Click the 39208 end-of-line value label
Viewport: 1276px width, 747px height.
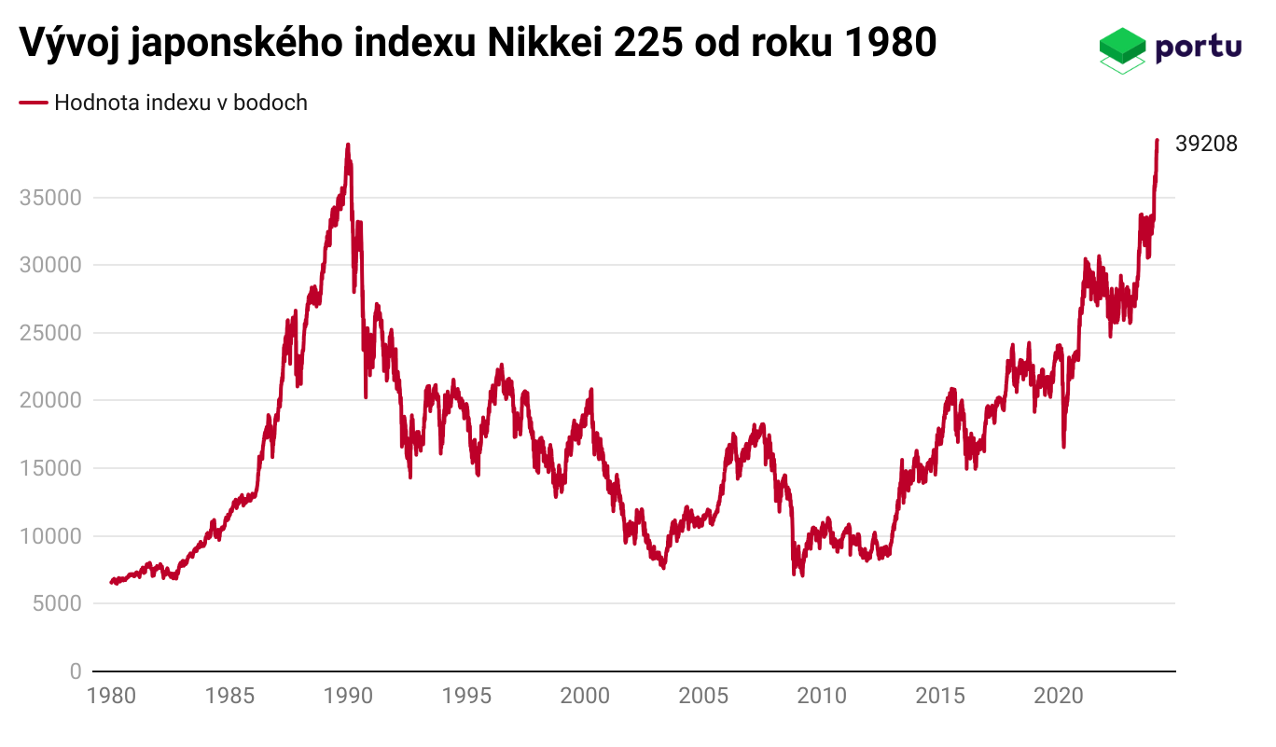tap(1206, 145)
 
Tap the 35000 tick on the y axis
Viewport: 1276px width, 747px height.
tap(49, 198)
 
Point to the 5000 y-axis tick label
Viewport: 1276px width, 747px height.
tap(55, 603)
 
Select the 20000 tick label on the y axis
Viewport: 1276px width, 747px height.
tap(49, 400)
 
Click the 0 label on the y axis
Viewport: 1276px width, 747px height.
tap(75, 671)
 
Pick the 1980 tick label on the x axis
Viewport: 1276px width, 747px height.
tap(111, 696)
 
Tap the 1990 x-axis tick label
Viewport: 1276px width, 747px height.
tap(348, 696)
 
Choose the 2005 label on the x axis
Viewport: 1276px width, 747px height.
tap(702, 696)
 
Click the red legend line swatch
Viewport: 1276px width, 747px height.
tap(33, 103)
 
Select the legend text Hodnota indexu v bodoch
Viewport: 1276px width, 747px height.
tap(181, 103)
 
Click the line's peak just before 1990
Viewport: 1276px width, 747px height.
tap(348, 145)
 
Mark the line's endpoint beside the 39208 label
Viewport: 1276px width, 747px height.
tap(1157, 141)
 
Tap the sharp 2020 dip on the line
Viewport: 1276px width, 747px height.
tap(1063, 446)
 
